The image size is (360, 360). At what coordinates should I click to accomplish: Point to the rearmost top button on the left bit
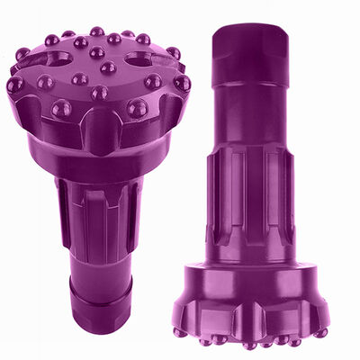(96, 31)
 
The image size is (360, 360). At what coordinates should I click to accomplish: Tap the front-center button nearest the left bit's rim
(99, 92)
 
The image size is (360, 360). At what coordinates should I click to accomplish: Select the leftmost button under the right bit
(180, 331)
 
